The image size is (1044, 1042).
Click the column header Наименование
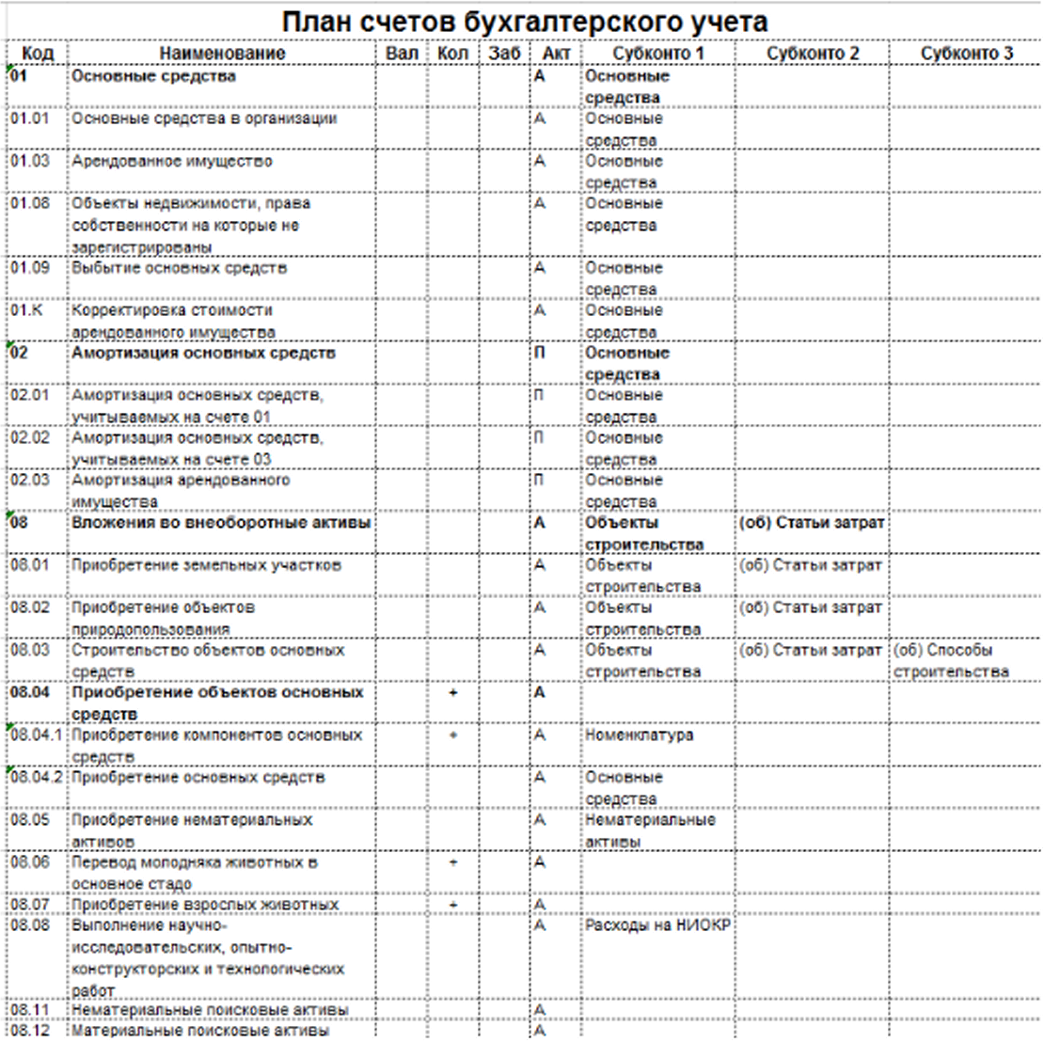pos(222,54)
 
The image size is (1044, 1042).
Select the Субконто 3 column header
pos(966,54)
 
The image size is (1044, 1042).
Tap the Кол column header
pos(453,54)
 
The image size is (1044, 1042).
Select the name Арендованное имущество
pos(172,162)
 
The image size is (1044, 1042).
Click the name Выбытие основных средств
pos(179,269)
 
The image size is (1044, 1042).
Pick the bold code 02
pos(20,354)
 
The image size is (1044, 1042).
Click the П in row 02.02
pos(540,438)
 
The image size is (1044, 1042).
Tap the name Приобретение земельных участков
pos(206,566)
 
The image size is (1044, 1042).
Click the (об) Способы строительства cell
pos(950,661)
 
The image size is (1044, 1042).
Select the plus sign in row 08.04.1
pos(453,735)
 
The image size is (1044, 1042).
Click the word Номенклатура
pos(639,735)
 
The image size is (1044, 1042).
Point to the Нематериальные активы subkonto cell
pos(650,830)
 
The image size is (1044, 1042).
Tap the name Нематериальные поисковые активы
pos(210,1011)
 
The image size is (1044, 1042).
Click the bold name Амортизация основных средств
pos(203,354)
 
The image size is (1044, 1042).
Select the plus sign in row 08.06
pos(453,863)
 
